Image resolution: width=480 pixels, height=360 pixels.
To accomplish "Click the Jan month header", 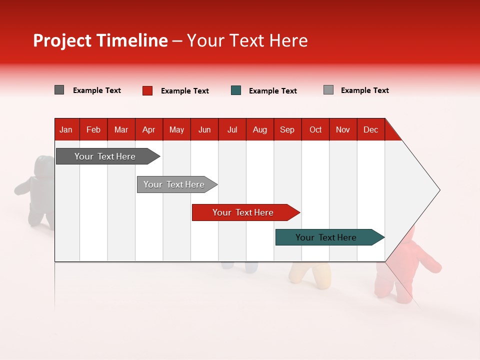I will tap(66, 129).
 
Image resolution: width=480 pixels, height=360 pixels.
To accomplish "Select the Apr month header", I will tap(148, 129).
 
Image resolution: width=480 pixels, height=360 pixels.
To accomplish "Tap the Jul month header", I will tap(232, 129).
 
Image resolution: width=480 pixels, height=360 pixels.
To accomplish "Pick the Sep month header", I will tap(287, 129).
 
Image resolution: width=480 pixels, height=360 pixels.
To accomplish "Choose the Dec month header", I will tap(370, 129).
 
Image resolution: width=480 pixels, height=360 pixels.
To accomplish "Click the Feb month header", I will tap(93, 129).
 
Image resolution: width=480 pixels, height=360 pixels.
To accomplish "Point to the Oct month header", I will tap(315, 129).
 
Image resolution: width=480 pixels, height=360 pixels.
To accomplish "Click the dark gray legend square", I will tap(59, 90).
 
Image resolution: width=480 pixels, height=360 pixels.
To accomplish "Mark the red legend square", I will tap(147, 90).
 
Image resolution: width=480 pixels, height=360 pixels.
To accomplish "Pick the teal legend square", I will tap(236, 90).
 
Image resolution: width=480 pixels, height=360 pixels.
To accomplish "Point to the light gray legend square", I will tap(328, 90).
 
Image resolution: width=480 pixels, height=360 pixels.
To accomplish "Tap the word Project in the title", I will tap(62, 40).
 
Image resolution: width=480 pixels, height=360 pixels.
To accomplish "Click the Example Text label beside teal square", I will tap(272, 91).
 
